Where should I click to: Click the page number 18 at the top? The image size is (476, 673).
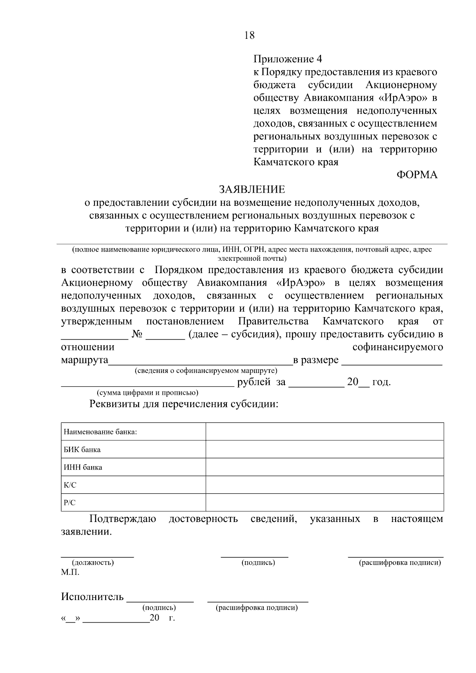point(250,35)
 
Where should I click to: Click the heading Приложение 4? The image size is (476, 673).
point(288,59)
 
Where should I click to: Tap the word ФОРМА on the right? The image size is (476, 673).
point(417,175)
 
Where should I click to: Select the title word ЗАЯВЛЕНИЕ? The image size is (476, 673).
point(252,189)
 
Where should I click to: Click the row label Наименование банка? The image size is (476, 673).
point(100,432)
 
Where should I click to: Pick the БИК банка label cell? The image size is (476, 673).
point(82,449)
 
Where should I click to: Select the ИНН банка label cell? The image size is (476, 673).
point(83,467)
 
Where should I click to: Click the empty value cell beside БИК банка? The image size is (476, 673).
point(324,449)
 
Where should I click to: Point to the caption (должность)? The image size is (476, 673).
point(92,562)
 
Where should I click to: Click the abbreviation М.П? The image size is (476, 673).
point(70,572)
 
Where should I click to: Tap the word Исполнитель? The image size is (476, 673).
point(92,597)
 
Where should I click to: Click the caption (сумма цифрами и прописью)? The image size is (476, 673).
point(148,393)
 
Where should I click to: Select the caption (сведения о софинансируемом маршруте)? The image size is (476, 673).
point(206,371)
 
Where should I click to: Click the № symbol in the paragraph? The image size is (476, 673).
point(137,334)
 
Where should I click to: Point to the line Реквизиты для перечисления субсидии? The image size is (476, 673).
point(184,404)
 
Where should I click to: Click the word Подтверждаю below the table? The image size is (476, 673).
point(123,519)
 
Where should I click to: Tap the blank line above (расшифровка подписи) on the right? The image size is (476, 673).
point(395,556)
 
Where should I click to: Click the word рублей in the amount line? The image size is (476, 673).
point(254,382)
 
